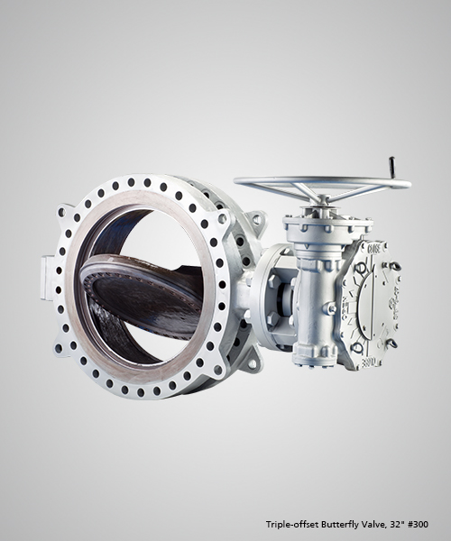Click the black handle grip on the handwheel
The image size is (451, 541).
391,168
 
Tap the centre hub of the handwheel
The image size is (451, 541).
322,200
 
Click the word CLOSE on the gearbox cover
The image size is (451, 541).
374,249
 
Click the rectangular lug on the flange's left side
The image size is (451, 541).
47,278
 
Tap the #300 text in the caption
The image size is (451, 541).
418,525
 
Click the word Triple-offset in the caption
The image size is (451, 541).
292,525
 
